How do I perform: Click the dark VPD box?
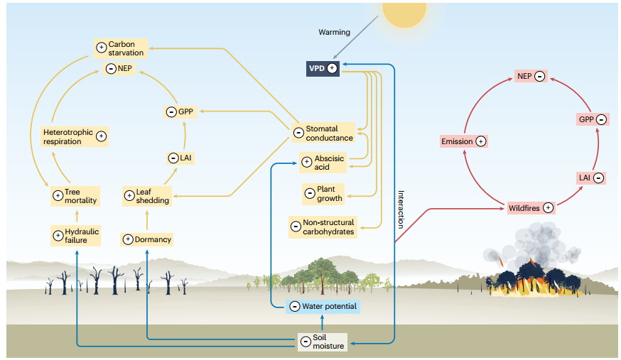(322, 68)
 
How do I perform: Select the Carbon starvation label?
(120, 48)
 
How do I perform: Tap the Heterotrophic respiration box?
(75, 136)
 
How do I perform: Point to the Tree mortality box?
(75, 196)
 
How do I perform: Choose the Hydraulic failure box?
(75, 235)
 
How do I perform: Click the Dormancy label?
(147, 239)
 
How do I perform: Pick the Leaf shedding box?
(146, 196)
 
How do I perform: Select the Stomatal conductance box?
(323, 133)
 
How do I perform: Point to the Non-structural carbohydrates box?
(323, 227)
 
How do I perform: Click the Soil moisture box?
(321, 342)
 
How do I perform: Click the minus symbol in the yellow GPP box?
(171, 111)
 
